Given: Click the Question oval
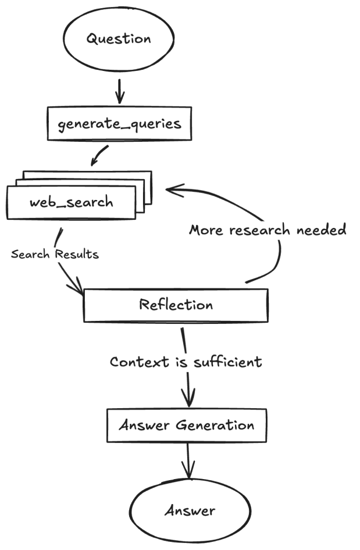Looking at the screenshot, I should pyautogui.click(x=119, y=39).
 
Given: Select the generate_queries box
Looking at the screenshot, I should pyautogui.click(x=119, y=123).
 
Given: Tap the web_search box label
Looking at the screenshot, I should pyautogui.click(x=72, y=203).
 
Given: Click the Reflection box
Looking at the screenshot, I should pyautogui.click(x=176, y=305).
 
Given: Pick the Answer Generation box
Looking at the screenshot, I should pyautogui.click(x=187, y=425).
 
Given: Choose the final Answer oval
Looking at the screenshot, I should pyautogui.click(x=190, y=510).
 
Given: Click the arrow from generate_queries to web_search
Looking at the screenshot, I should pyautogui.click(x=100, y=155).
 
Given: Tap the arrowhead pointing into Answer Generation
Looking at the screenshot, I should pyautogui.click(x=188, y=401).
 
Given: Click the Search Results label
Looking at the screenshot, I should pyautogui.click(x=55, y=255).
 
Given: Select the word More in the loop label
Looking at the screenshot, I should pyautogui.click(x=206, y=230).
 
